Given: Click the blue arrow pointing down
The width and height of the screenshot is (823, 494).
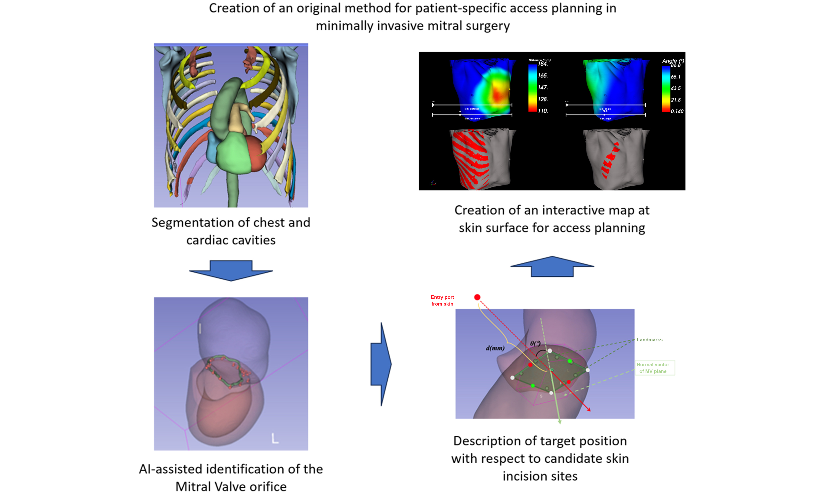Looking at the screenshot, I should click(231, 270).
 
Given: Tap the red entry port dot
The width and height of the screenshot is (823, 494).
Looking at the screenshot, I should click(477, 297).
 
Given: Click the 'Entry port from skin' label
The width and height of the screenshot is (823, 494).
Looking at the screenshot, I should click(442, 300).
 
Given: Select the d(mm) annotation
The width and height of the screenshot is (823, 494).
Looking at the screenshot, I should click(495, 348).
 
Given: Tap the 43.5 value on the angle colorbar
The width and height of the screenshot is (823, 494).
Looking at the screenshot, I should click(675, 88).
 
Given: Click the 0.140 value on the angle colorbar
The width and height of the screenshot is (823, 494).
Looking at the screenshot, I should click(677, 112).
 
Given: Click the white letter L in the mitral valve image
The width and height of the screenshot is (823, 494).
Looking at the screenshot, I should click(275, 438).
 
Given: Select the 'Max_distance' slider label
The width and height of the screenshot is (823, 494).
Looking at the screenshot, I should click(472, 119).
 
